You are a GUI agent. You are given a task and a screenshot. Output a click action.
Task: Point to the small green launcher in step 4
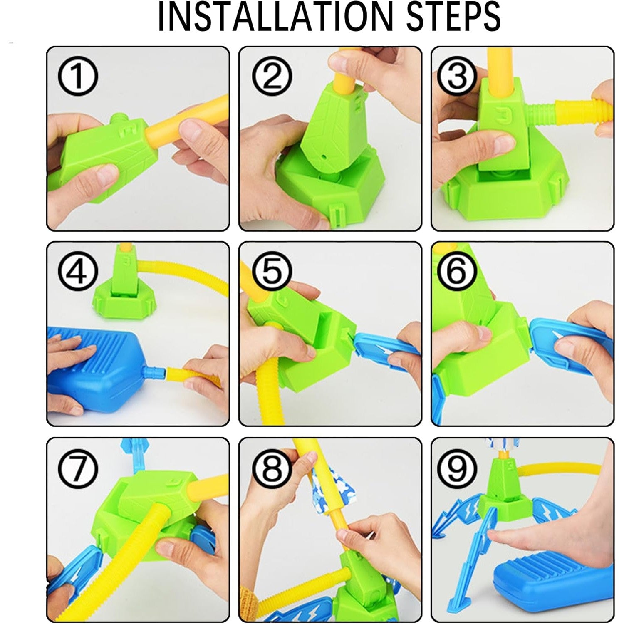point(124,287)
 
